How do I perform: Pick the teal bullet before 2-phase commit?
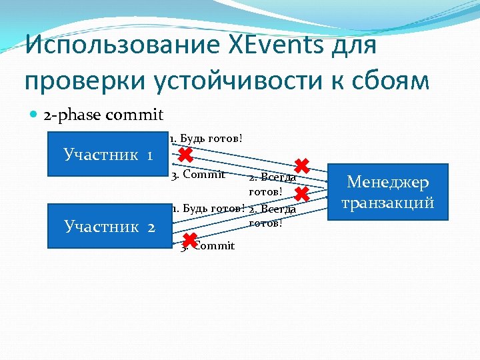(x=33, y=116)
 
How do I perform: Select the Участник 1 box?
(x=109, y=155)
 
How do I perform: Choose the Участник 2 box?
(x=109, y=226)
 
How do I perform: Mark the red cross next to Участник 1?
(x=186, y=155)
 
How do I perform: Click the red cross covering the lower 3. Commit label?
(x=189, y=240)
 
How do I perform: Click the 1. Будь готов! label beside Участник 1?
(x=206, y=139)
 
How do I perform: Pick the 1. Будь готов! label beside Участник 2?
(x=209, y=208)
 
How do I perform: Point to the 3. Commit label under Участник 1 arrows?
(x=197, y=175)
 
